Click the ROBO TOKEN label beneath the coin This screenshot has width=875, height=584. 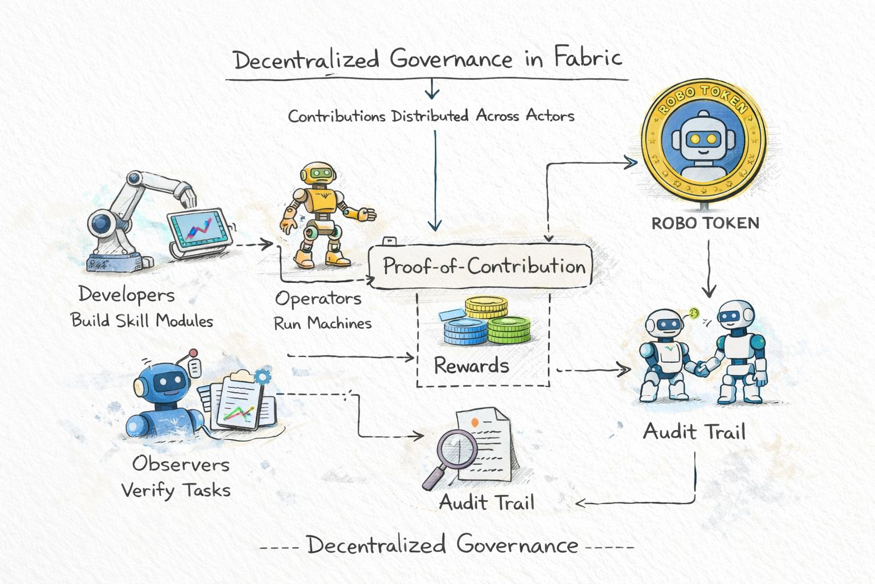[x=705, y=222]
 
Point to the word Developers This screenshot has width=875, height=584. [x=126, y=294]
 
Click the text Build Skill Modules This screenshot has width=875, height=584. [x=142, y=321]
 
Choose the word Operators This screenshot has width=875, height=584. [x=318, y=298]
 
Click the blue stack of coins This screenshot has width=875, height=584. [x=465, y=332]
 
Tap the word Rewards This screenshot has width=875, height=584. [x=471, y=365]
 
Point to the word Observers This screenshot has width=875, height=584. [x=181, y=464]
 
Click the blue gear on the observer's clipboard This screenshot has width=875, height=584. [x=263, y=376]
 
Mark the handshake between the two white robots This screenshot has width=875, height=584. [x=702, y=368]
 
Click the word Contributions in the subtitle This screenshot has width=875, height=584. [x=337, y=116]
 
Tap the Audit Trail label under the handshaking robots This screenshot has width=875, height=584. [x=694, y=431]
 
